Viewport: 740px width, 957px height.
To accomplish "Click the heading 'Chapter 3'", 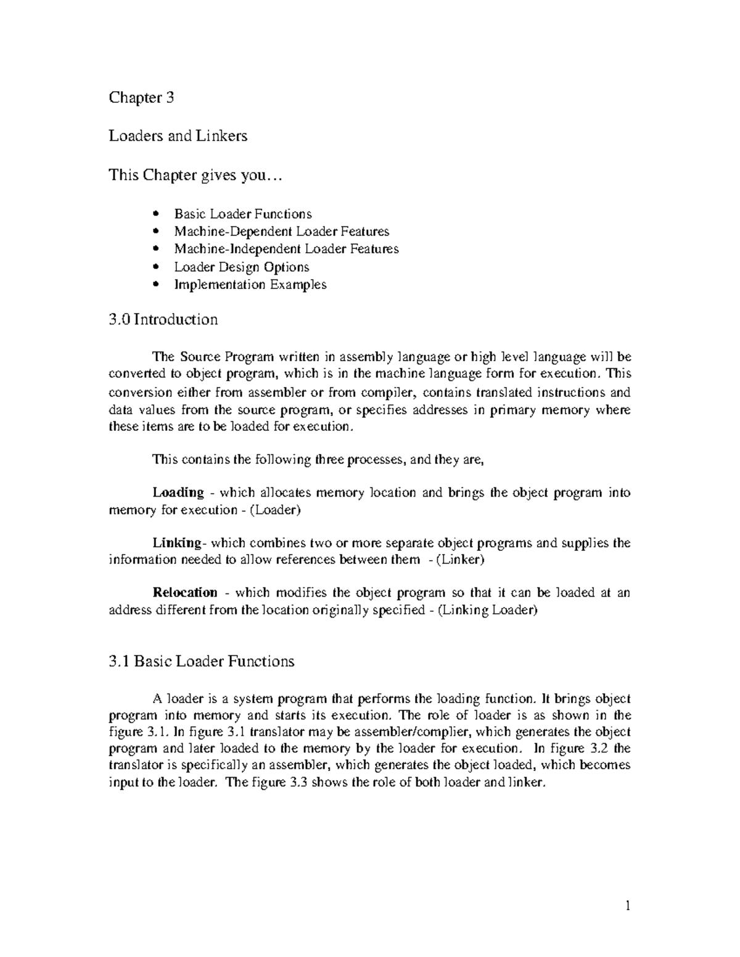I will (x=141, y=97).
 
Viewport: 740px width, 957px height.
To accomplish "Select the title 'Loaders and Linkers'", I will (x=178, y=136).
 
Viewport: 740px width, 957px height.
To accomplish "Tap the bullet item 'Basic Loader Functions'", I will (x=243, y=214).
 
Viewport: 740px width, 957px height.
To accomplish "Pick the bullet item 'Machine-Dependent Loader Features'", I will (x=281, y=232).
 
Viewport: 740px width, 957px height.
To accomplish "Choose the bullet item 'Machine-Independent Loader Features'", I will (x=286, y=249).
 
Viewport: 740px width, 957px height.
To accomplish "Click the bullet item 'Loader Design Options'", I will (x=241, y=267).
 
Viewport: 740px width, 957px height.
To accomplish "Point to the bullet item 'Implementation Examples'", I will (x=250, y=285).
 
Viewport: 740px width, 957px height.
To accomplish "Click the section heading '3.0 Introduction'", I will (x=163, y=320).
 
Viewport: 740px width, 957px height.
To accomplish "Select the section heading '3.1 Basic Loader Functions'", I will (x=201, y=662).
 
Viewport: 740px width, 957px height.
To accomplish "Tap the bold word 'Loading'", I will (x=178, y=492).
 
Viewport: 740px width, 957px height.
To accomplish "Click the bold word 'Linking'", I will (x=176, y=543).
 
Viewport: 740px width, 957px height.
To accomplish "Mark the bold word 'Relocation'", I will (x=184, y=593).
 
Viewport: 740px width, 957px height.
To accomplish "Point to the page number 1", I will (x=627, y=906).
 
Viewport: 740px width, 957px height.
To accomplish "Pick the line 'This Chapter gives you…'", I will (x=194, y=176).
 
